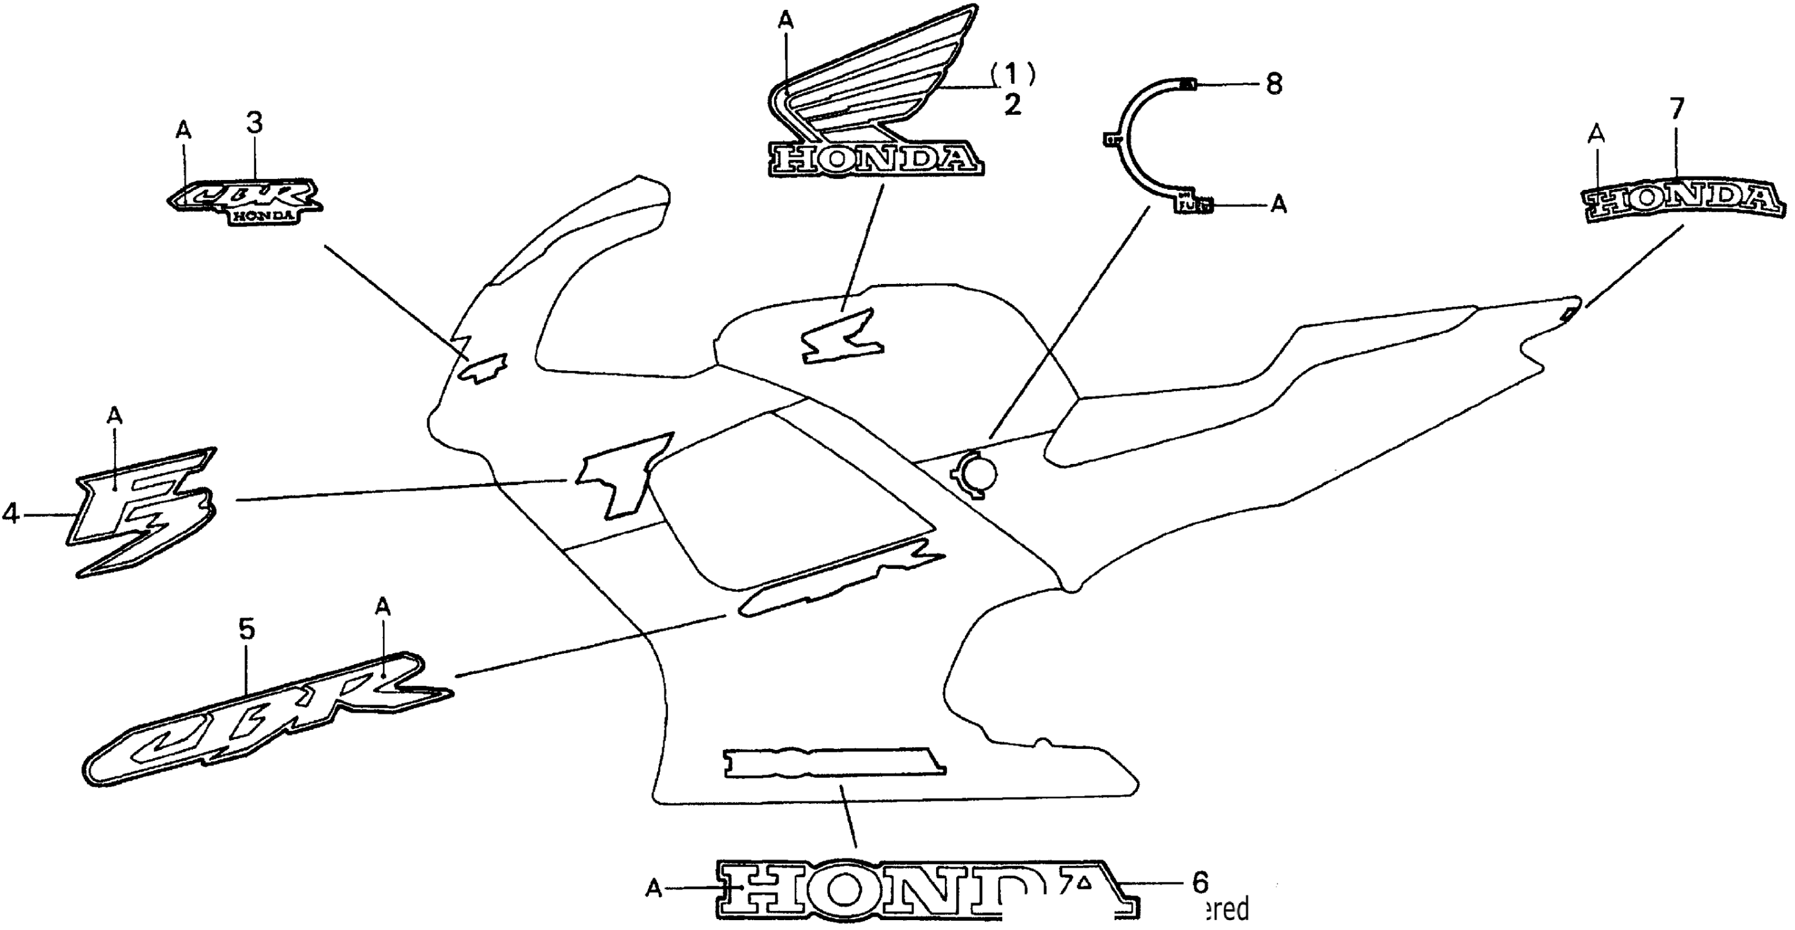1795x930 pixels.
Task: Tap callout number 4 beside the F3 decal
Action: [10, 514]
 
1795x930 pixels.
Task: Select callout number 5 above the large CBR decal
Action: [247, 630]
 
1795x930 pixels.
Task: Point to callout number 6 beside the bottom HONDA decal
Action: [1199, 882]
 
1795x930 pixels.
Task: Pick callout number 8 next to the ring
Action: [1274, 84]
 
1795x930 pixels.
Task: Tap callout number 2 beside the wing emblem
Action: [1013, 105]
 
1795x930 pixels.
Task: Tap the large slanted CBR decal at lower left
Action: [268, 718]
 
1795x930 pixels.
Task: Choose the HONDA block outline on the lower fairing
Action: [835, 762]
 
